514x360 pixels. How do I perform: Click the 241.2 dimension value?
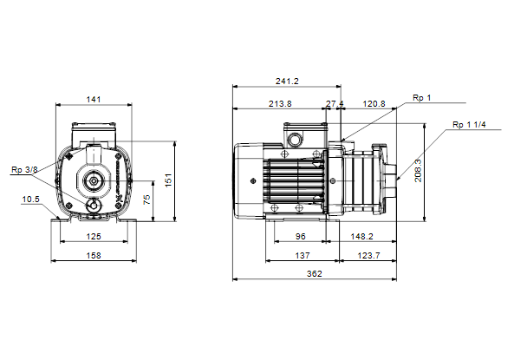pos(287,81)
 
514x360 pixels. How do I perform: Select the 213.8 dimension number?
pos(280,104)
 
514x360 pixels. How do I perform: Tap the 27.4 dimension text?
pos(335,104)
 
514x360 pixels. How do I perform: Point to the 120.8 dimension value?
pos(374,104)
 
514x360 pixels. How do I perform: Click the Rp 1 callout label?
pos(421,98)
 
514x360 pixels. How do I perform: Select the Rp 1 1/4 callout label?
pos(469,125)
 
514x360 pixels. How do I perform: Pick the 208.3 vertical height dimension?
pos(419,171)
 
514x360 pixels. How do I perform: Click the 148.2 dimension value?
pos(361,236)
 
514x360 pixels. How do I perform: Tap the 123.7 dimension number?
pos(368,255)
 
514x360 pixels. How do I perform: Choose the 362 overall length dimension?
pos(315,274)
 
